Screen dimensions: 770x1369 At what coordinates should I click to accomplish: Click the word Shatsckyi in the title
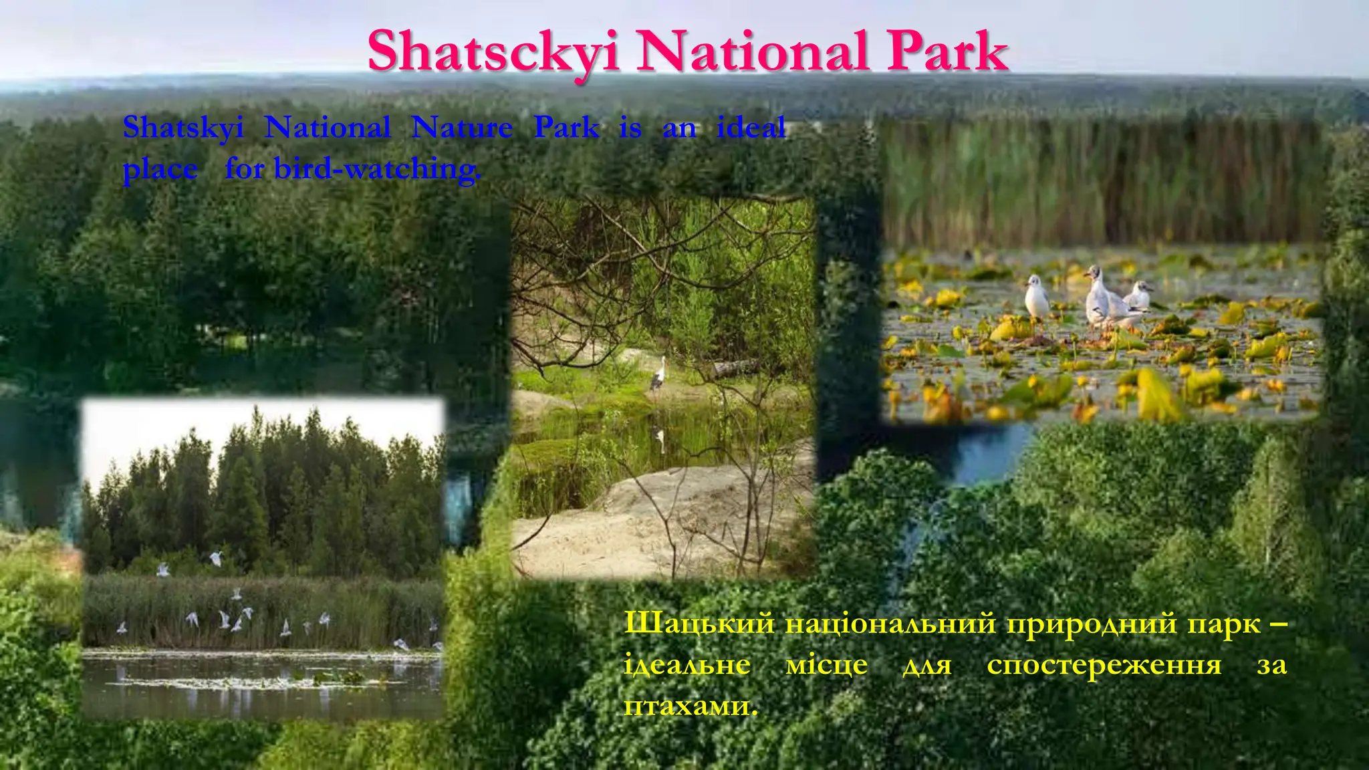(x=493, y=52)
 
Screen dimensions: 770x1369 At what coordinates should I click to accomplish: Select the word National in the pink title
(x=753, y=52)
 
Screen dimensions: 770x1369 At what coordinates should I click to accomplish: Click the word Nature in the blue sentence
(x=462, y=127)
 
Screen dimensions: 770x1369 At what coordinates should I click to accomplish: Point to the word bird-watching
(x=377, y=168)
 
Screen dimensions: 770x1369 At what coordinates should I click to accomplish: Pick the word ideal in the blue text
(x=751, y=127)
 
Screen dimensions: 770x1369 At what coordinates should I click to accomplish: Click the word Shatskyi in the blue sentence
(x=183, y=127)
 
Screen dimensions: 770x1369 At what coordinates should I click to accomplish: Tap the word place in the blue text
(x=160, y=168)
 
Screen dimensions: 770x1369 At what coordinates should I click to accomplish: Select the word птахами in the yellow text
(x=690, y=705)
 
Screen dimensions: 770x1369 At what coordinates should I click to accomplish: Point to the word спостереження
(x=1104, y=664)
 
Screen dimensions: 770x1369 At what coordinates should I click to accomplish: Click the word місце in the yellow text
(x=826, y=664)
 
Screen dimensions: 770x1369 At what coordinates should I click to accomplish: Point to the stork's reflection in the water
(x=659, y=438)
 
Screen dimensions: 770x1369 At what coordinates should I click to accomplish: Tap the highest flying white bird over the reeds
(x=215, y=556)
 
